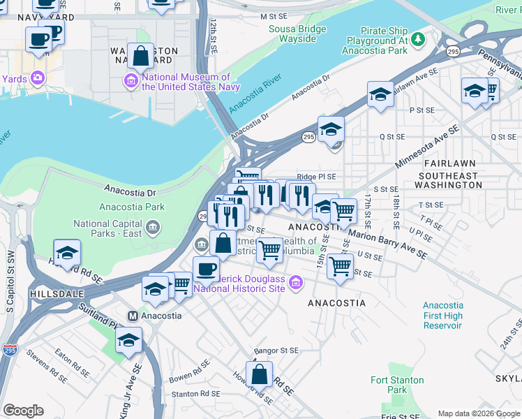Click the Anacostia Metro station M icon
133,315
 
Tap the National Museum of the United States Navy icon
130,82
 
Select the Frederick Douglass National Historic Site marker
296,283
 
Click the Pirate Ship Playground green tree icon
417,39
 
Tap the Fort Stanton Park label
389,385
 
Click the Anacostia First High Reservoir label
443,316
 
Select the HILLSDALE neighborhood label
54,295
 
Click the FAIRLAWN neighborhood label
447,161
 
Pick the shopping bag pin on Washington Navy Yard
141,56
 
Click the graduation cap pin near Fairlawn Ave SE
381,94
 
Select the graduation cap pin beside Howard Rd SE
67,253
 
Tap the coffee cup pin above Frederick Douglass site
206,269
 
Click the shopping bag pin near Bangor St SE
259,374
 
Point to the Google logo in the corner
24,411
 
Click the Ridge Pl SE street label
316,177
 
